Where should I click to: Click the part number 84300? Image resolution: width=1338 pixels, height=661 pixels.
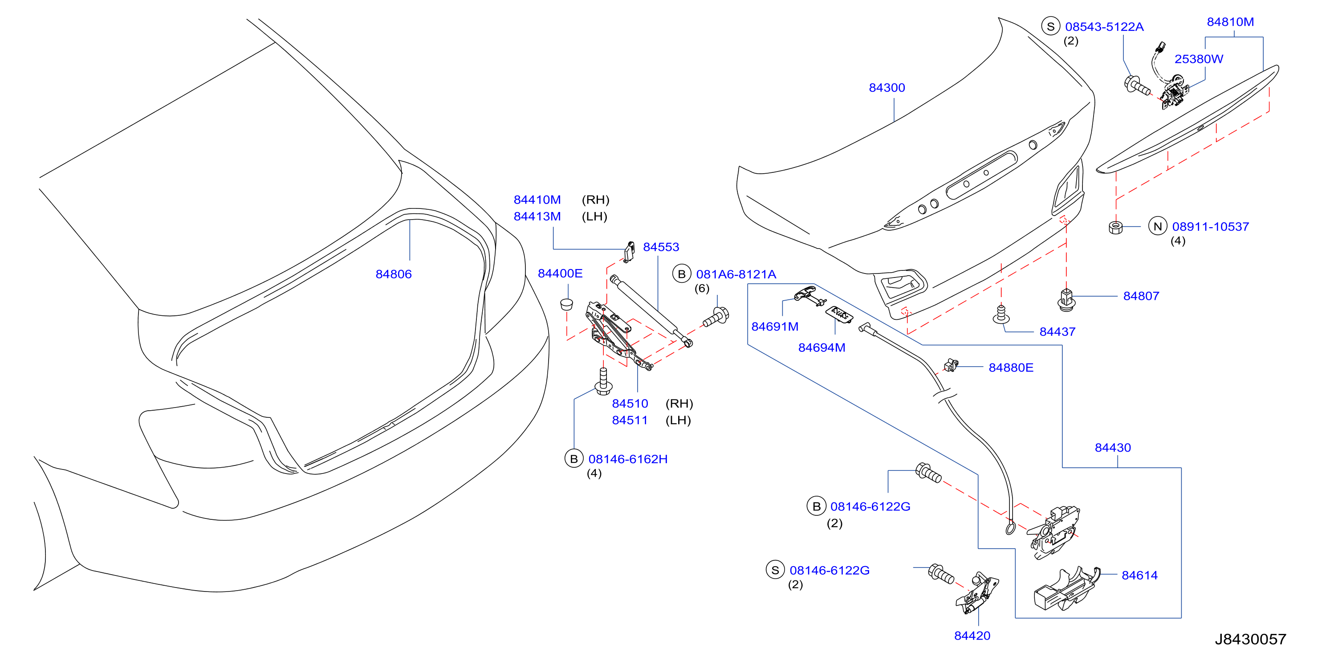[x=887, y=88]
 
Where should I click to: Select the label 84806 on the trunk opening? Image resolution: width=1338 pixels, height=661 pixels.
[x=393, y=274]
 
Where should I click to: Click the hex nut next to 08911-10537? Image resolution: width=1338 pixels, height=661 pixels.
[x=1115, y=228]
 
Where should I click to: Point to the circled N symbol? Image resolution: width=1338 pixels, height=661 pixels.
[x=1158, y=227]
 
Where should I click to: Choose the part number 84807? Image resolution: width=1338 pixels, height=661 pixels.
[x=1141, y=296]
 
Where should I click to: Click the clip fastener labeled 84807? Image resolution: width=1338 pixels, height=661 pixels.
[x=1066, y=300]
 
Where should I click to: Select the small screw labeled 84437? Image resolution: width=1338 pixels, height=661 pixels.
[x=1000, y=314]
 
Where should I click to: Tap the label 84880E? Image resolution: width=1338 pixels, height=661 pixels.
[x=1011, y=368]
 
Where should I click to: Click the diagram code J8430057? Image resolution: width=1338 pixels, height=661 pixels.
[x=1250, y=639]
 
